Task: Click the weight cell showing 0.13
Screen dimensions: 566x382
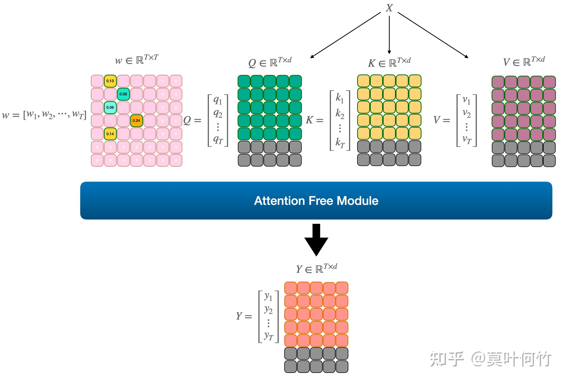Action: (110, 81)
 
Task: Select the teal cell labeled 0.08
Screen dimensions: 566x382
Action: (123, 94)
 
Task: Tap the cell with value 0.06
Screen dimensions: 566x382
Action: (110, 107)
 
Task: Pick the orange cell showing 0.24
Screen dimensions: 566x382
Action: (136, 121)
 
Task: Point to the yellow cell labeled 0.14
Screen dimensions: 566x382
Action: (110, 134)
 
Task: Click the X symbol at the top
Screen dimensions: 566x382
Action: (389, 8)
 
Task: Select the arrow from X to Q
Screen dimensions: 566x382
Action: (346, 35)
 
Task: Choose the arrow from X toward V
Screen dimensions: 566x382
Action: (433, 35)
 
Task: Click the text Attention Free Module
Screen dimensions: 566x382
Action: (316, 201)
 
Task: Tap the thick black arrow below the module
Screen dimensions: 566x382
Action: (316, 240)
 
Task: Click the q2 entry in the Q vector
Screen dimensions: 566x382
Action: (218, 114)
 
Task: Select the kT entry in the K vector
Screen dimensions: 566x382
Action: (340, 143)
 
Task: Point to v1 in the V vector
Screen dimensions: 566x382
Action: (466, 100)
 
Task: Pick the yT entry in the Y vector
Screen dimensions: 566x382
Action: (269, 336)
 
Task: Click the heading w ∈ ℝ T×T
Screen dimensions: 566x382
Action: (136, 60)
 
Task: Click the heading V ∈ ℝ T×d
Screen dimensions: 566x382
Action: (524, 61)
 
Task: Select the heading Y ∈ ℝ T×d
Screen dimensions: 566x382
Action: (316, 268)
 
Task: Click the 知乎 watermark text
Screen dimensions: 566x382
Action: (447, 359)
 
